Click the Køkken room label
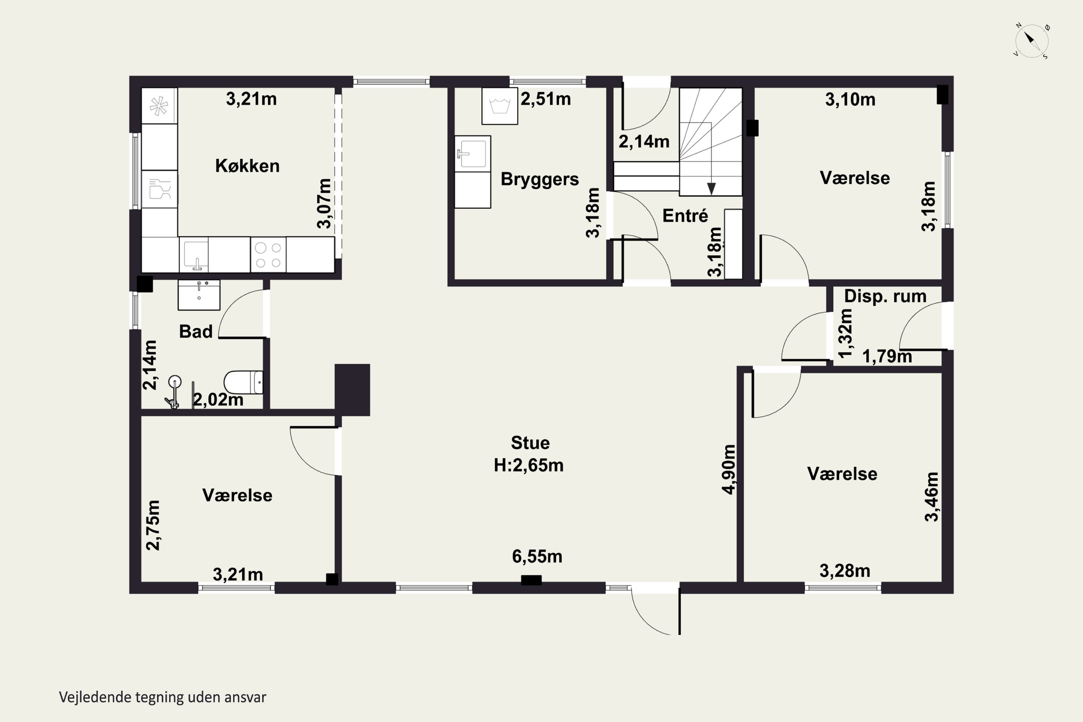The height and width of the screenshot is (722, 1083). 247,166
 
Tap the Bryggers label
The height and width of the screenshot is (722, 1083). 540,179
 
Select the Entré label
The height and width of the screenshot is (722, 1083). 685,216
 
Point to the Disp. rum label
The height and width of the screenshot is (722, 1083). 885,296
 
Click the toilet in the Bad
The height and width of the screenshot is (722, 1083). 244,382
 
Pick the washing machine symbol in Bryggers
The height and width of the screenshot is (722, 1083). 500,106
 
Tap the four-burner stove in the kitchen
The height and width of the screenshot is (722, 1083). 269,255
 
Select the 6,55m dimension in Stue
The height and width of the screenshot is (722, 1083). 537,557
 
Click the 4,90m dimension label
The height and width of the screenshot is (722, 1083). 729,469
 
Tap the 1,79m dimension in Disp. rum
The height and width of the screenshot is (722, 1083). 887,356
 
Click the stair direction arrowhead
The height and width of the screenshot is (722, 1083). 712,189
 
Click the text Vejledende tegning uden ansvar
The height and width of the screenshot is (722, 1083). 162,697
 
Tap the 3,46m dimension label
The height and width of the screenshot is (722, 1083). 931,497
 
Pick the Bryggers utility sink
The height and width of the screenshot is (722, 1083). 473,154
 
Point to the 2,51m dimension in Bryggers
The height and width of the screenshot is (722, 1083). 545,99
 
